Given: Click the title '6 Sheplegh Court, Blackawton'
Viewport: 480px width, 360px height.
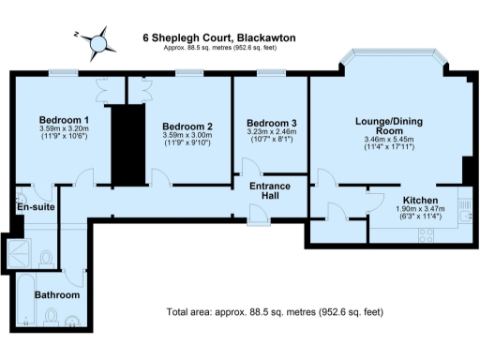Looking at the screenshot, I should point(218,38).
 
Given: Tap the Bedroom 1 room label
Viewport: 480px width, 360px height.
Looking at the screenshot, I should point(64,120).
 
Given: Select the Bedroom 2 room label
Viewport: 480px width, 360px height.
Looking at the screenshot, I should point(187,126).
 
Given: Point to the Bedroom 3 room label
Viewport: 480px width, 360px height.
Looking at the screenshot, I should point(271,124).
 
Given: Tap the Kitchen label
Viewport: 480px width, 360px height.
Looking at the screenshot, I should point(421,200).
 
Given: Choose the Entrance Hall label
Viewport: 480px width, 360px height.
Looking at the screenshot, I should point(269,192).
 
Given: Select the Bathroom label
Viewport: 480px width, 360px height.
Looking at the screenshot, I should point(57,294).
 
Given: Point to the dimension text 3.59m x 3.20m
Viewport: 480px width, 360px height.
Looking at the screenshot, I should point(64,132).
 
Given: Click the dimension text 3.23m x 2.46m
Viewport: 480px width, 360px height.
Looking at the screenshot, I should point(271,135).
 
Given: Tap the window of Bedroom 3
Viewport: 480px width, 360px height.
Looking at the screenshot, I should point(271,72).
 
